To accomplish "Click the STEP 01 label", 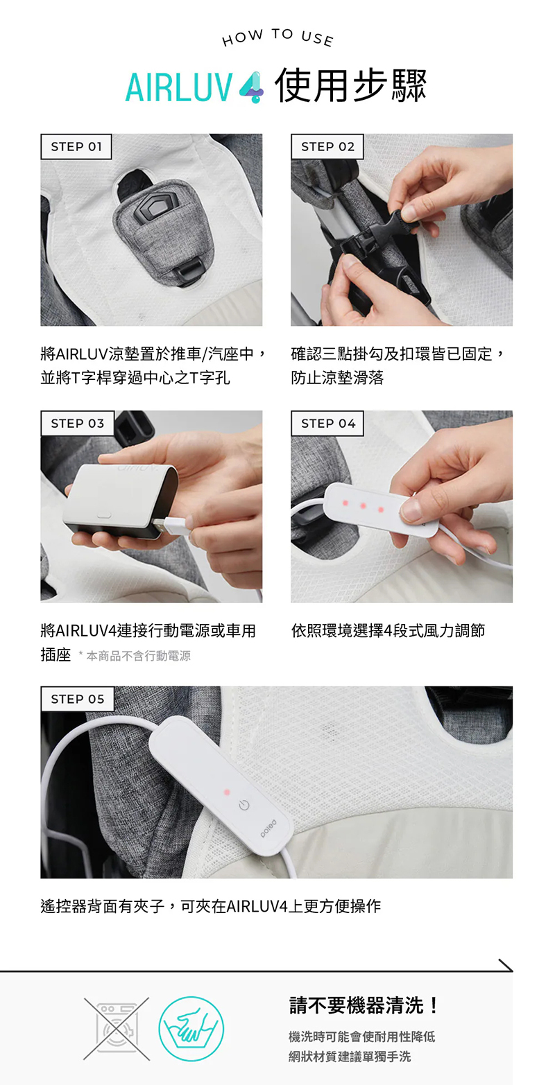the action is tap(76, 147).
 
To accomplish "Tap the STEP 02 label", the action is tap(327, 147).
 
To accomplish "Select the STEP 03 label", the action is tap(77, 424).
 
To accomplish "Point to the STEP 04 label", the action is tap(327, 424).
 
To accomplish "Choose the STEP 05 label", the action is tap(77, 699).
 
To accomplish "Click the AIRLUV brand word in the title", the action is tap(179, 88).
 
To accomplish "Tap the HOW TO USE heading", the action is tap(277, 37).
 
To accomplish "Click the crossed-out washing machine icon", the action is tap(117, 1028).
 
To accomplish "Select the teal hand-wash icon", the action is tap(191, 1028).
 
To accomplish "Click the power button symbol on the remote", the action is tap(244, 806).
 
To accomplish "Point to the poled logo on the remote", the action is tap(268, 828).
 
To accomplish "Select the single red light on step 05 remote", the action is tap(226, 792).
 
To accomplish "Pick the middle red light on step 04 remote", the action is tap(363, 506).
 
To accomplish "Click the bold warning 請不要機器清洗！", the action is tap(364, 1005).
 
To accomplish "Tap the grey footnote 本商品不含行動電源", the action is tap(139, 656).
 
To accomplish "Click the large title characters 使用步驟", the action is tap(350, 86).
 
